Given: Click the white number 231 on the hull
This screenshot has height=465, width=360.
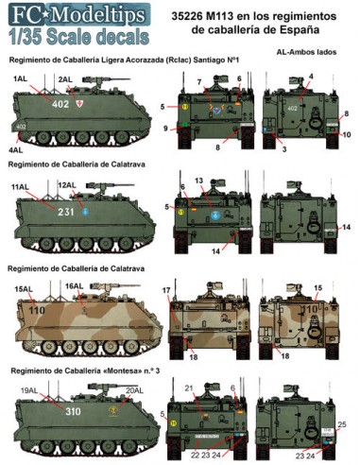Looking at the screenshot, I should point(65,214).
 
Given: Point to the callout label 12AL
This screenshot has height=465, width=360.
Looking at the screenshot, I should point(66,184).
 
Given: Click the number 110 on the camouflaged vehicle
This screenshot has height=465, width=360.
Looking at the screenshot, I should point(37,308).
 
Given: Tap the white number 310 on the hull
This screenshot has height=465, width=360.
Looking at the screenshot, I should point(73,413).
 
